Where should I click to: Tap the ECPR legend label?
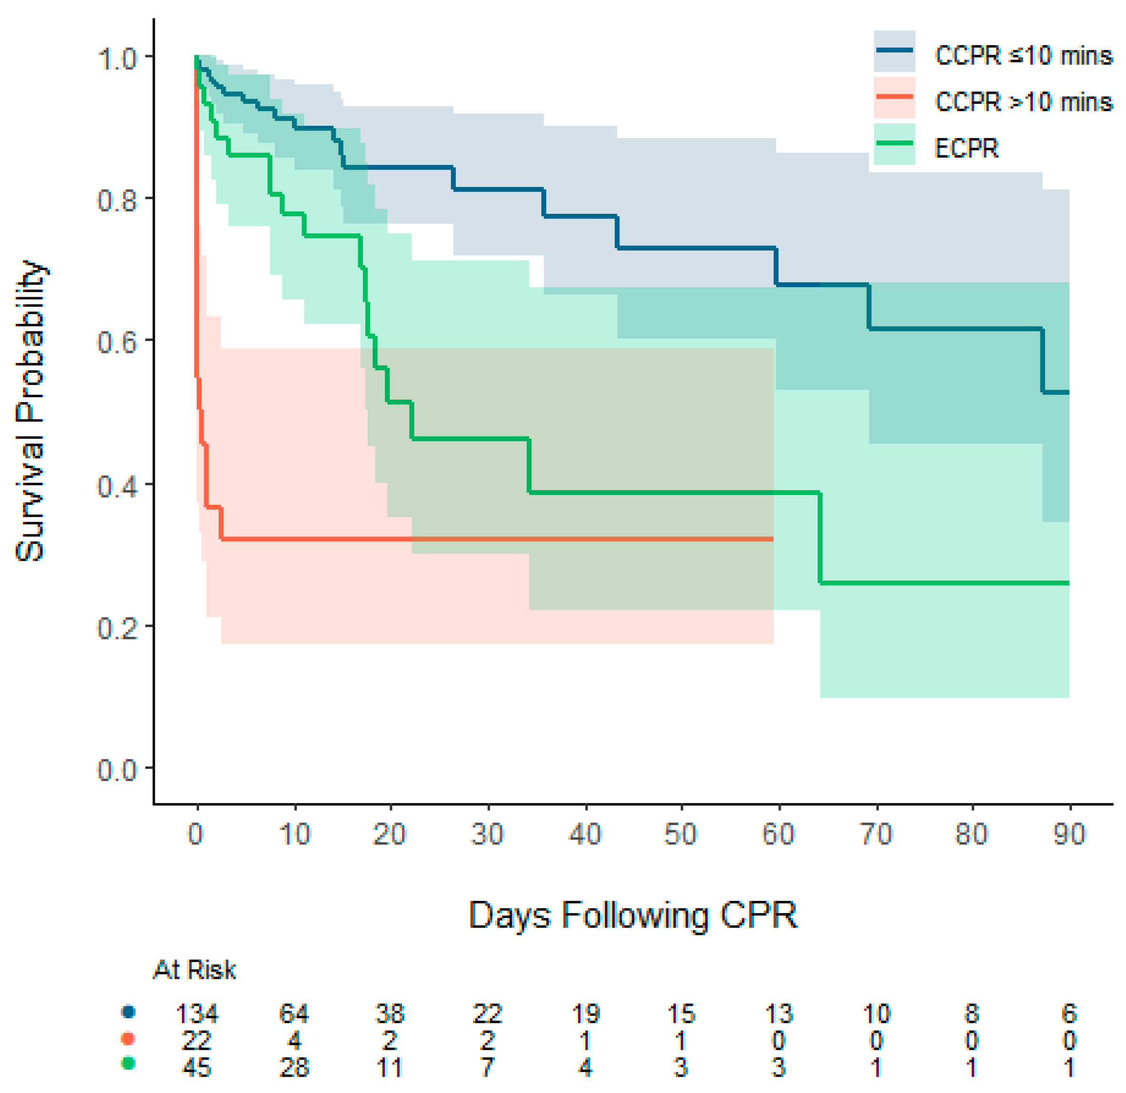967,149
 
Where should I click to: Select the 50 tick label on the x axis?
681,834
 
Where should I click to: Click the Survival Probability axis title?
30,411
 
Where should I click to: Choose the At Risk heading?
194,970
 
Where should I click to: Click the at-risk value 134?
196,1014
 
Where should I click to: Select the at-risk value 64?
294,1014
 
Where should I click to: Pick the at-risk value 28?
294,1068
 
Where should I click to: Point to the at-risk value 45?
196,1068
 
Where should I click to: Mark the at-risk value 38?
390,1014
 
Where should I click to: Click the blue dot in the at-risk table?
129,1012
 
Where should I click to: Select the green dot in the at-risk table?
129,1064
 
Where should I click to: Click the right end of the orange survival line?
773,539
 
